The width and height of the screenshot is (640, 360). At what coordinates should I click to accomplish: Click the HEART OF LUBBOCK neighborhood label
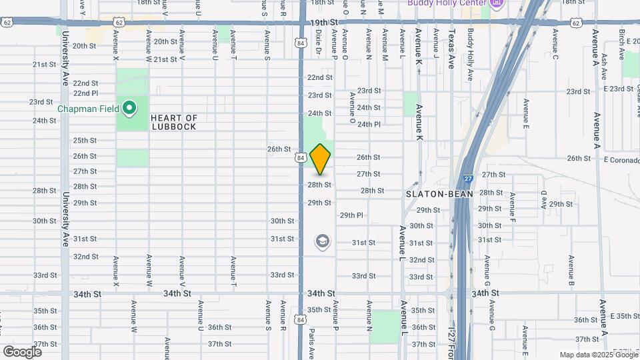coord(174,122)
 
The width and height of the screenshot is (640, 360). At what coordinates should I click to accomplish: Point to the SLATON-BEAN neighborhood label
coord(439,194)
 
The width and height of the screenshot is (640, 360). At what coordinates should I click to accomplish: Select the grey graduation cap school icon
coord(322,241)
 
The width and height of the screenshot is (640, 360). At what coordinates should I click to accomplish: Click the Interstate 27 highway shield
coord(468,179)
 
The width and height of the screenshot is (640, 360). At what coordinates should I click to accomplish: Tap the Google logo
coord(22,351)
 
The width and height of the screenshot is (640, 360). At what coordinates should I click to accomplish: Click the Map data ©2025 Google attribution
coord(597,355)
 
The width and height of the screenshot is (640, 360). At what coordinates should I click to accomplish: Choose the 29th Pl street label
coord(351,215)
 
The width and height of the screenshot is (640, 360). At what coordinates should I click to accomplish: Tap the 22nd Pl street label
coord(86,93)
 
